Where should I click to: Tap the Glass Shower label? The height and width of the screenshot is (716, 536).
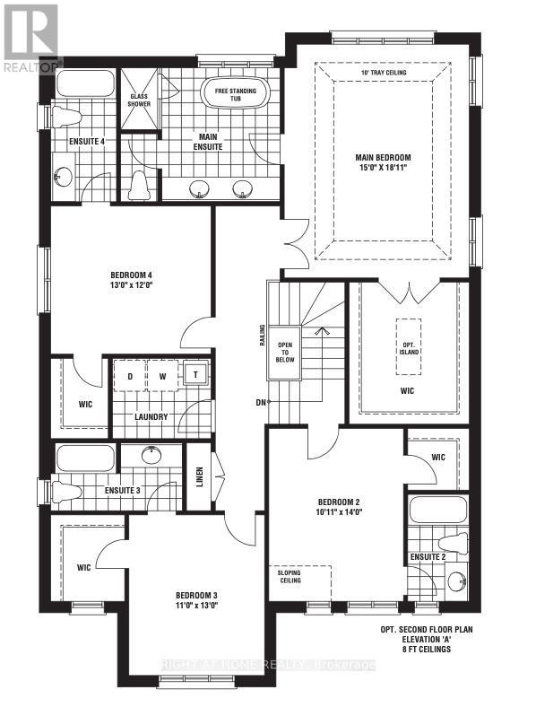click(139, 99)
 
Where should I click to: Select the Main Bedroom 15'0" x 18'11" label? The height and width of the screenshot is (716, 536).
click(381, 161)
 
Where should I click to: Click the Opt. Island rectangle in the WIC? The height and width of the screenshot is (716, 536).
click(408, 336)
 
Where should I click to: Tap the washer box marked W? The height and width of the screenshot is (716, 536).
click(163, 375)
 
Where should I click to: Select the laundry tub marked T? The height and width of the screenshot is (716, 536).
click(195, 374)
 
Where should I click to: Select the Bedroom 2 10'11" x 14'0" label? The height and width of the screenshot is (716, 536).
click(339, 506)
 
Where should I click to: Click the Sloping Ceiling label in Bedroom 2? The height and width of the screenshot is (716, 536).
click(289, 575)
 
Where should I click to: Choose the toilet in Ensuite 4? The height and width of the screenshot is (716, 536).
click(60, 117)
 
